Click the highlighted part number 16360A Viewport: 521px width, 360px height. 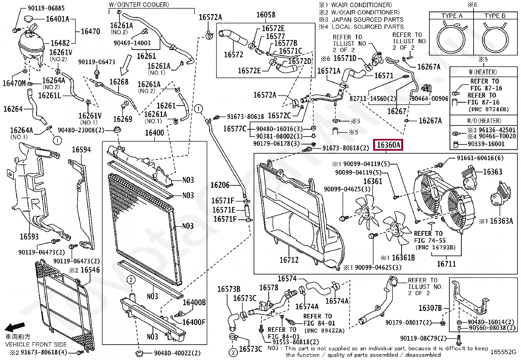pyautogui.click(x=388, y=144)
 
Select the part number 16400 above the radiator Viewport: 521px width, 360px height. pyautogui.click(x=154, y=133)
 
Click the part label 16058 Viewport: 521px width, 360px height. pyautogui.click(x=265, y=15)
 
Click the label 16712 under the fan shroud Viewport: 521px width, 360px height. pyautogui.click(x=289, y=260)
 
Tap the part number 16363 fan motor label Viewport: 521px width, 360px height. pyautogui.click(x=492, y=172)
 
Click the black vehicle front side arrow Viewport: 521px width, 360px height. pyautogui.click(x=15, y=327)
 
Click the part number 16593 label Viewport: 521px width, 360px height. pyautogui.click(x=29, y=236)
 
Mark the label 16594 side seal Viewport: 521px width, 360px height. pyautogui.click(x=81, y=150)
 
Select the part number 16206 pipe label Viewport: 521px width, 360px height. pyautogui.click(x=220, y=185)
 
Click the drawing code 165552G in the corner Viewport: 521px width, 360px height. pyautogui.click(x=503, y=352)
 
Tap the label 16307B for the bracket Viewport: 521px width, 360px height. pyautogui.click(x=430, y=308)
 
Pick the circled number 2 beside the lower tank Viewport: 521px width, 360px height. pyautogui.click(x=131, y=280)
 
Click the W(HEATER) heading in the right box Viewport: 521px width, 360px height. pyautogui.click(x=483, y=72)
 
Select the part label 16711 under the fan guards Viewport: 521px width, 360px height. pyautogui.click(x=446, y=263)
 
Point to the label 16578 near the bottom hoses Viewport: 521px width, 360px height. pyautogui.click(x=268, y=288)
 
